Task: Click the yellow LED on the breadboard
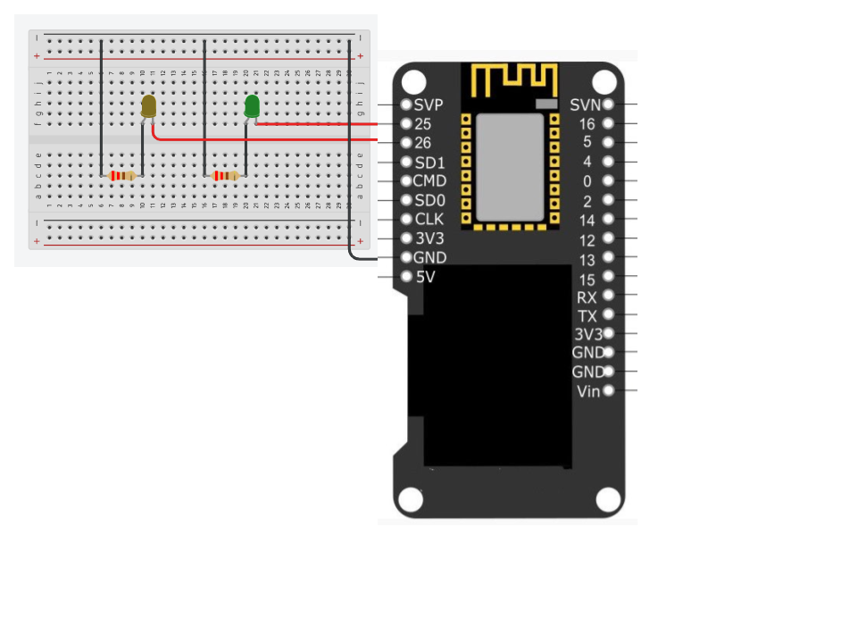(149, 106)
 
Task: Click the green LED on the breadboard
(252, 106)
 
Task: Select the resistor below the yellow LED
(121, 176)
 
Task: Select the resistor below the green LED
(225, 176)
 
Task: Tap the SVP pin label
(428, 105)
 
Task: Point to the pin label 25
(423, 124)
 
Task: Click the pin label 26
(423, 143)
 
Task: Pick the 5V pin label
(426, 277)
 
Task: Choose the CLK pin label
(428, 219)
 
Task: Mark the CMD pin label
(429, 181)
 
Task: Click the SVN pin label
(586, 105)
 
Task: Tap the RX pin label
(587, 297)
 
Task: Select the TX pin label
(587, 316)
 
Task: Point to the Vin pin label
(589, 391)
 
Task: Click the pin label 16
(587, 124)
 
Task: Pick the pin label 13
(587, 260)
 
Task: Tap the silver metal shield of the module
(509, 167)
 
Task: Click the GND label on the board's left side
(430, 258)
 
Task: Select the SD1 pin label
(429, 163)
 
